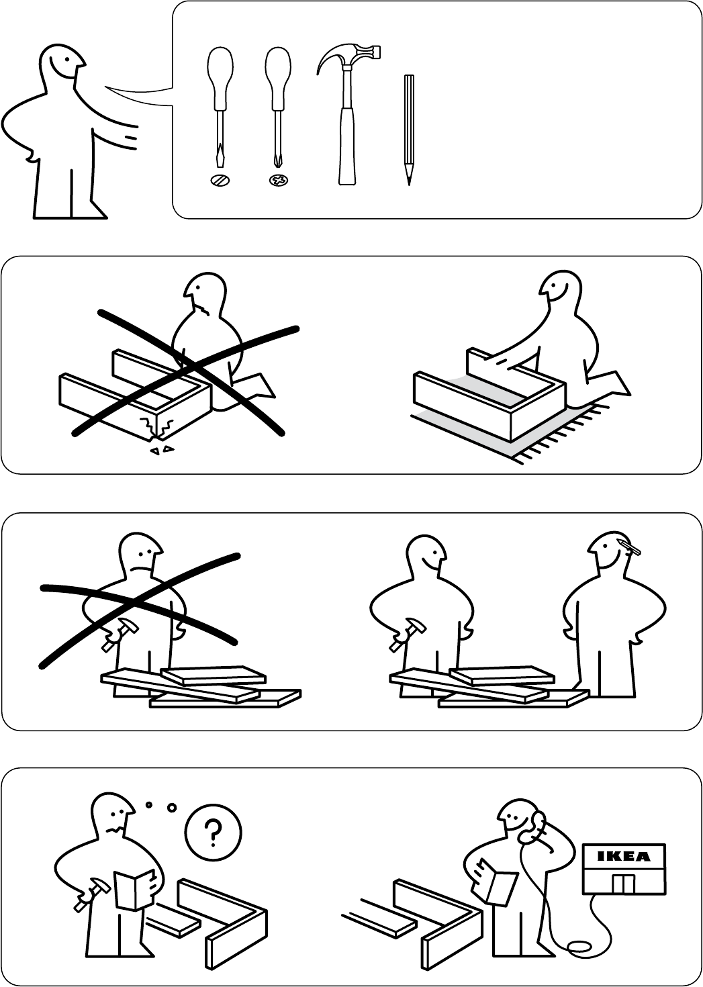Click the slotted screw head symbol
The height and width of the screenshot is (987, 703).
[220, 180]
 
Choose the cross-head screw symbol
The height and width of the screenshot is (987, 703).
[278, 180]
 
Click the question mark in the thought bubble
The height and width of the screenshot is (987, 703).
[213, 833]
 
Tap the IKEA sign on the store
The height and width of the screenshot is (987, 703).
[624, 857]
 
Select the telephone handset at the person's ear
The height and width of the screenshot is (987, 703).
[534, 825]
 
